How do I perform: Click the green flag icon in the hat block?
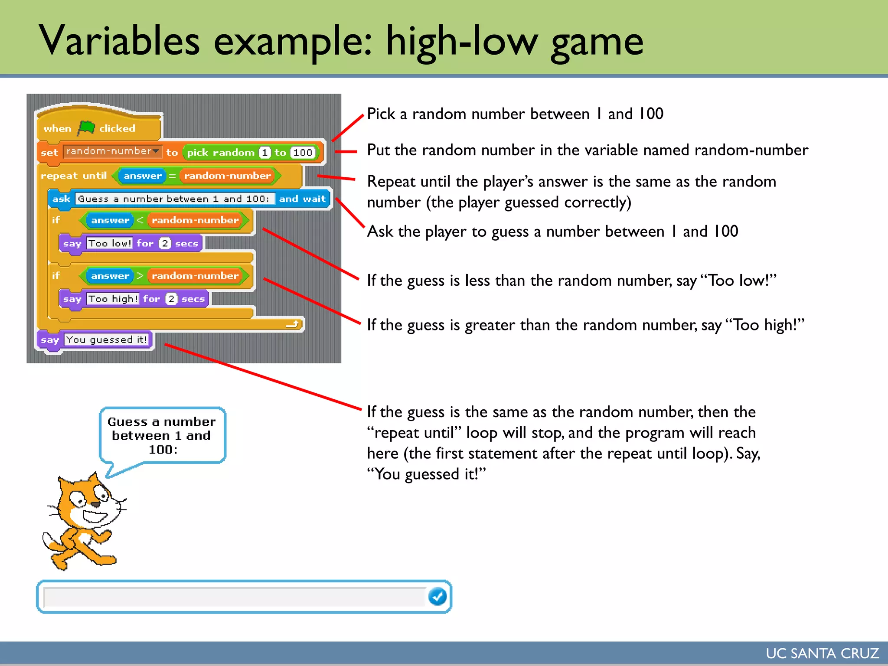pos(87,127)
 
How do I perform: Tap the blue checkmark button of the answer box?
pos(437,597)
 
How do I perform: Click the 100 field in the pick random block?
pos(303,153)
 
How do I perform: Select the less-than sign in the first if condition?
pos(140,220)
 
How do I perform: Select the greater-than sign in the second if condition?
pos(140,276)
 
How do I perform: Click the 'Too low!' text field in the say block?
pos(110,243)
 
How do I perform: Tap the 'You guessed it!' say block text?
pos(107,340)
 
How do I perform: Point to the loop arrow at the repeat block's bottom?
pos(293,324)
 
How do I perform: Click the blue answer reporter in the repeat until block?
pos(142,176)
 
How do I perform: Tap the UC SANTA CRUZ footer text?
pos(822,653)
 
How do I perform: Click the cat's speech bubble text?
pos(162,435)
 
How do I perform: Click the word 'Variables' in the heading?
pos(119,41)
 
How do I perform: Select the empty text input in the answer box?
pos(234,597)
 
